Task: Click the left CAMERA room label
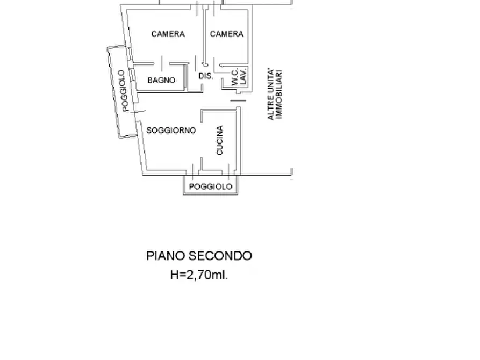pos(168,34)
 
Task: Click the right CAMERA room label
pos(226,34)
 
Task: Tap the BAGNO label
pos(161,80)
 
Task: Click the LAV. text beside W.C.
pos(243,77)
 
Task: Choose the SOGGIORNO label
pos(171,130)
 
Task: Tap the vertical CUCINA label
pos(220,141)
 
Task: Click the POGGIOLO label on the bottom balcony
pos(211,186)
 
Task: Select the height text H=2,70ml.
pos(199,275)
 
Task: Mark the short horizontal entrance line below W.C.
pos(238,99)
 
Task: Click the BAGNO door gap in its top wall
pos(161,64)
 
